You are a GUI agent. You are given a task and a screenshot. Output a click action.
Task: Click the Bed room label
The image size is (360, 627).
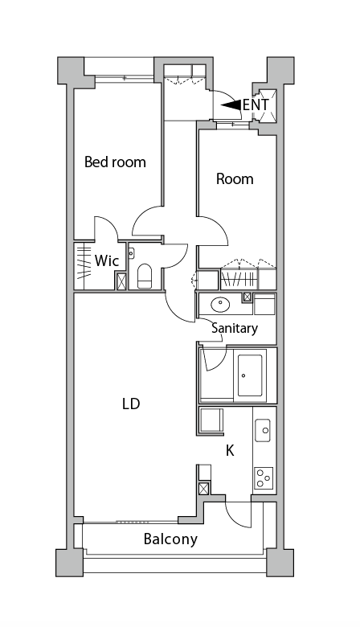click(x=115, y=162)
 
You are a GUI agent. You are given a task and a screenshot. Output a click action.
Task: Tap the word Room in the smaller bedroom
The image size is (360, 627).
click(x=235, y=178)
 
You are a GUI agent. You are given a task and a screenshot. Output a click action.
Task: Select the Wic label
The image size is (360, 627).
click(x=107, y=260)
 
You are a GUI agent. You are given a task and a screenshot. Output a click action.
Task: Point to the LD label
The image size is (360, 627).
click(x=130, y=404)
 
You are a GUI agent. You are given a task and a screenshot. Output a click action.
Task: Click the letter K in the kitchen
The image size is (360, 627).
click(x=229, y=450)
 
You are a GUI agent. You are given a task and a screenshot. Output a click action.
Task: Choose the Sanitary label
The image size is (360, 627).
click(x=235, y=328)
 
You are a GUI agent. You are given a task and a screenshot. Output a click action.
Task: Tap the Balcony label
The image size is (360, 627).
click(x=170, y=539)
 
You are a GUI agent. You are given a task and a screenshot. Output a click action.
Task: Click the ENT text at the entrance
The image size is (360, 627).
click(x=256, y=104)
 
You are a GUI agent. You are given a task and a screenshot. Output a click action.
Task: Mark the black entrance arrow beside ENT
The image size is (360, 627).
click(x=231, y=104)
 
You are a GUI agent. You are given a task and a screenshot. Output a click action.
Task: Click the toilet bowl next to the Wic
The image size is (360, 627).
click(x=145, y=277)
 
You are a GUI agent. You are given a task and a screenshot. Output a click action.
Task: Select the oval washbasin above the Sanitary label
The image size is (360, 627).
click(x=219, y=305)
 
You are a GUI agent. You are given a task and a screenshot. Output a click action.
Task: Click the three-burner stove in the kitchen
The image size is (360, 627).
click(x=264, y=478)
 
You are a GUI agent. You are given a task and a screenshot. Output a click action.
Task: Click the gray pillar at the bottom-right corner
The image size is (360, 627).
click(x=281, y=563)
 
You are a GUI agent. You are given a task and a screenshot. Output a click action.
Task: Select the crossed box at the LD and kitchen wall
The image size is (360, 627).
click(x=204, y=488)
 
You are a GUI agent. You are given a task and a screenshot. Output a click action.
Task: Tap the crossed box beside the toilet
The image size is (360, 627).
click(x=121, y=281)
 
